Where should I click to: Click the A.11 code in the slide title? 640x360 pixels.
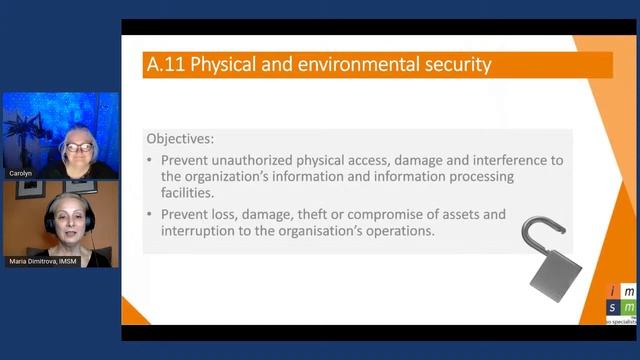pyautogui.click(x=165, y=66)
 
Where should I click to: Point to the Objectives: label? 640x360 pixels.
pyautogui.click(x=180, y=138)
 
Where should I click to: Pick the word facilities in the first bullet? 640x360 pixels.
pyautogui.click(x=186, y=192)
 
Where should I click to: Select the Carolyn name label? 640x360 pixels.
pyautogui.click(x=21, y=173)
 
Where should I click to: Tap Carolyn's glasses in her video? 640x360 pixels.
pyautogui.click(x=77, y=146)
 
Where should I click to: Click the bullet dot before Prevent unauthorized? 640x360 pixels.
pyautogui.click(x=150, y=160)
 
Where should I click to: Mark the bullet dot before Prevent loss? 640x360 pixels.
pyautogui.click(x=150, y=214)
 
